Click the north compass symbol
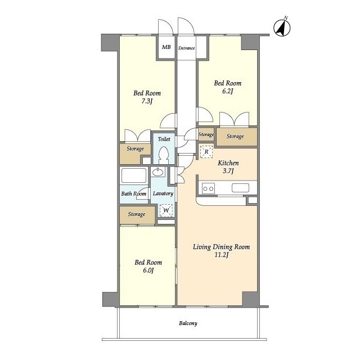point(282,28)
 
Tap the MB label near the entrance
point(166,47)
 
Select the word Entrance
point(186,48)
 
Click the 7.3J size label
point(147,101)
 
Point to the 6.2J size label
point(227,91)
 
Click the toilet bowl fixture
point(164,155)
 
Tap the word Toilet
point(164,139)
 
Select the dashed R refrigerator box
point(206,151)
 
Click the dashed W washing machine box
point(166,210)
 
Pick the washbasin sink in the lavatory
point(158,172)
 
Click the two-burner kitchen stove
point(208,188)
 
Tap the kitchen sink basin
point(240,188)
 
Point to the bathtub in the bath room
point(134,175)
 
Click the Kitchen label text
point(228,163)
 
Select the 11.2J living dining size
point(221,255)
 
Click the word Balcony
point(188,323)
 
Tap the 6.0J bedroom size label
point(148,271)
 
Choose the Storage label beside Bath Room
point(137,214)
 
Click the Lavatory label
point(163,193)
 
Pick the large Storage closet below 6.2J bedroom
point(237,137)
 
